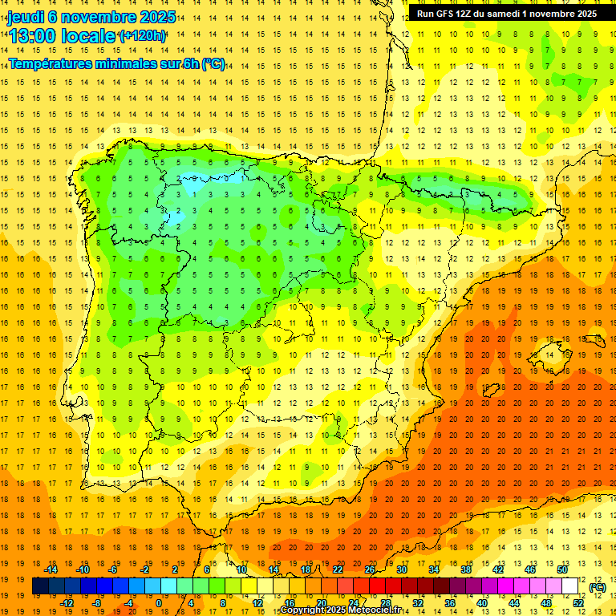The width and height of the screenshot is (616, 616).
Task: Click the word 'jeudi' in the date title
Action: click(x=26, y=17)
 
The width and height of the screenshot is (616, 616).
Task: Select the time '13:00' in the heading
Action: click(x=34, y=36)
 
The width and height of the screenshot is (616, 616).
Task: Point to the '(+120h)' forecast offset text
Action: click(x=142, y=36)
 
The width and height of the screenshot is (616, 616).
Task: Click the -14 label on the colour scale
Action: click(x=52, y=569)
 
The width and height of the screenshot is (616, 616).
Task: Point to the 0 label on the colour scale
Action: click(x=159, y=602)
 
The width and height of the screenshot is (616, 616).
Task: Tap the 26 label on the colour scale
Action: click(x=369, y=569)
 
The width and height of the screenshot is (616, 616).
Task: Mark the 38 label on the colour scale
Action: click(x=464, y=569)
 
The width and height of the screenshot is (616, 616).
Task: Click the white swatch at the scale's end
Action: click(x=569, y=586)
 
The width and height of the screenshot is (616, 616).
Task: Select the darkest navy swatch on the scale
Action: click(x=40, y=586)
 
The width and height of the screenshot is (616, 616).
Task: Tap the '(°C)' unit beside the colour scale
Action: click(x=597, y=587)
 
